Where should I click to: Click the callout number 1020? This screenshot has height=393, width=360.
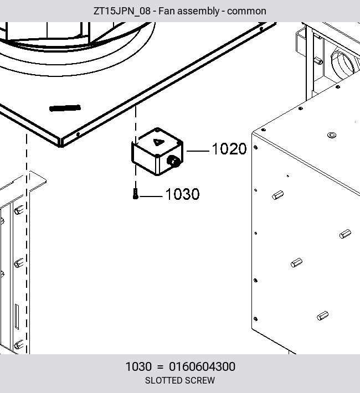pos(229,149)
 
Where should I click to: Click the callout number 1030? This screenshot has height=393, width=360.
pos(182,194)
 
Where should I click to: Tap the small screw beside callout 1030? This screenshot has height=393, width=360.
pos(136,194)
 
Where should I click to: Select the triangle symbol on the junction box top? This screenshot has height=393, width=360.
pos(158,142)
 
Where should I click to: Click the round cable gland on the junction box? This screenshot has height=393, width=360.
pos(173,161)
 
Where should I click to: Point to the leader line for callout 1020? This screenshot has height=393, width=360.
pos(198,151)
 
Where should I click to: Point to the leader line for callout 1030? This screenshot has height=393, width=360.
pos(151,196)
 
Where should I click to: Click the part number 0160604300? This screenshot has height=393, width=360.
pos(202,366)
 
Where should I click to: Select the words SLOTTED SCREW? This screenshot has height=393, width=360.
pos(180,380)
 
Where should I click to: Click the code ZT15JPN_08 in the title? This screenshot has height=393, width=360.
pos(122,11)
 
